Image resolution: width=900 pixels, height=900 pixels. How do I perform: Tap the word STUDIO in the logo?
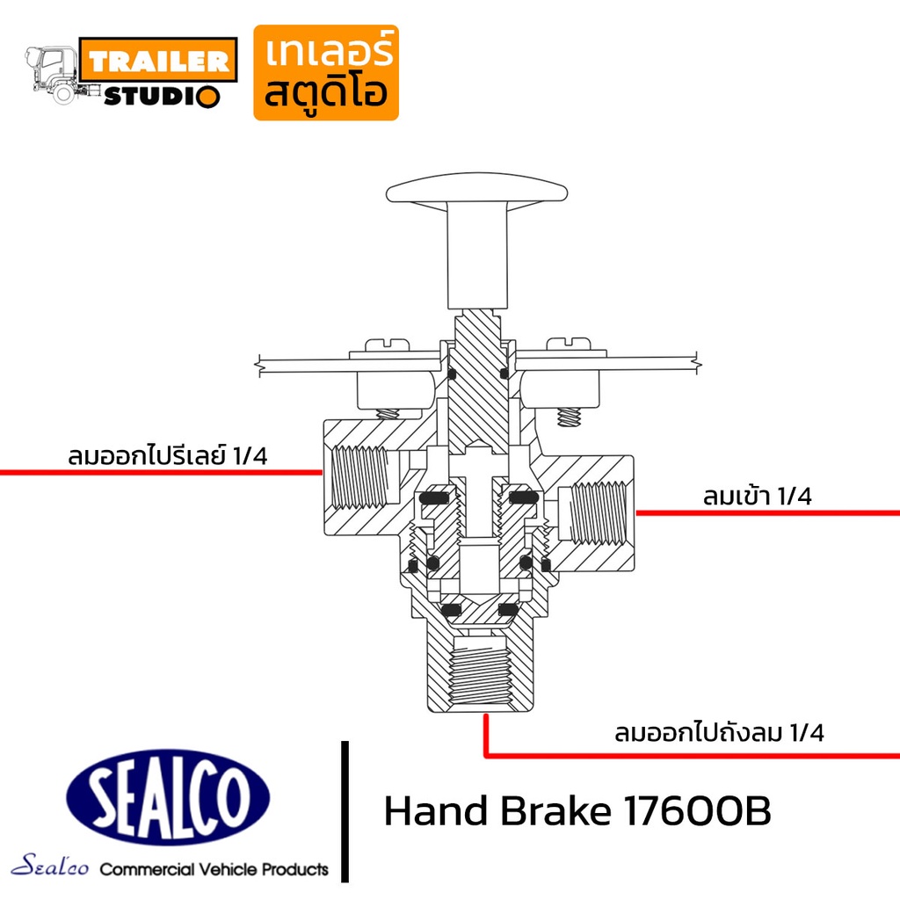(162, 96)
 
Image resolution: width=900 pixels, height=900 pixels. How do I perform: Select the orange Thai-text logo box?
(326, 72)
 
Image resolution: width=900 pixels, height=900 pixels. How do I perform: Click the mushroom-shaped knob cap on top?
(476, 188)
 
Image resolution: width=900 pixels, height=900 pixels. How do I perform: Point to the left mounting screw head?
(388, 345)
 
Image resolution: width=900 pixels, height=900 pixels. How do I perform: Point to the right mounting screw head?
(569, 345)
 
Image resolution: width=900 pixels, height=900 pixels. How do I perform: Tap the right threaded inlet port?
(598, 512)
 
